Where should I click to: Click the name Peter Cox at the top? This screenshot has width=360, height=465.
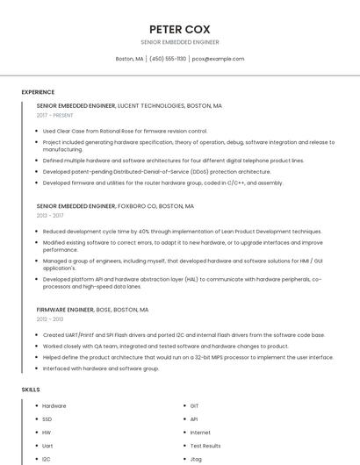click(179, 28)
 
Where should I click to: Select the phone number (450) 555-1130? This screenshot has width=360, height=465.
click(168, 59)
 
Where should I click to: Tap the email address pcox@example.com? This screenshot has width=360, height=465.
click(218, 59)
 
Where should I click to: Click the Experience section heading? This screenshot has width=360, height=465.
click(38, 92)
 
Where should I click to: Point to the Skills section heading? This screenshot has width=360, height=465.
click(31, 389)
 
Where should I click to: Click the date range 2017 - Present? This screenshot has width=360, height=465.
click(56, 115)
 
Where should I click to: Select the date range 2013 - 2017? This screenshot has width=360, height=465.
click(50, 215)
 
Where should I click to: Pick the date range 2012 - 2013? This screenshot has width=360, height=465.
click(50, 319)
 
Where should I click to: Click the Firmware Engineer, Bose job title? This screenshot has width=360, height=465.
click(92, 310)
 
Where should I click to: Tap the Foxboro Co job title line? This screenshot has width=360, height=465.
click(115, 205)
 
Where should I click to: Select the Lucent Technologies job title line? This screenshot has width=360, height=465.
click(129, 105)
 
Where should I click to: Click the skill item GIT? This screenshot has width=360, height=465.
click(194, 406)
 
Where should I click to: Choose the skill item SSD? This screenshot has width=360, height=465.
click(47, 419)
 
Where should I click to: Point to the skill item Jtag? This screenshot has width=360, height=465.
click(196, 459)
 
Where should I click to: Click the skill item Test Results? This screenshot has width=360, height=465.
click(205, 446)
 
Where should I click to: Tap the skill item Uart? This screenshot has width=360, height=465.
click(47, 446)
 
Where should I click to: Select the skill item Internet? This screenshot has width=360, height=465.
click(200, 433)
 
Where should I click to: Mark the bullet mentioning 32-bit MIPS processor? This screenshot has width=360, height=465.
click(188, 357)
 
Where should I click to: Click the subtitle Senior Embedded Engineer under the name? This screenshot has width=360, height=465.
click(179, 41)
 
